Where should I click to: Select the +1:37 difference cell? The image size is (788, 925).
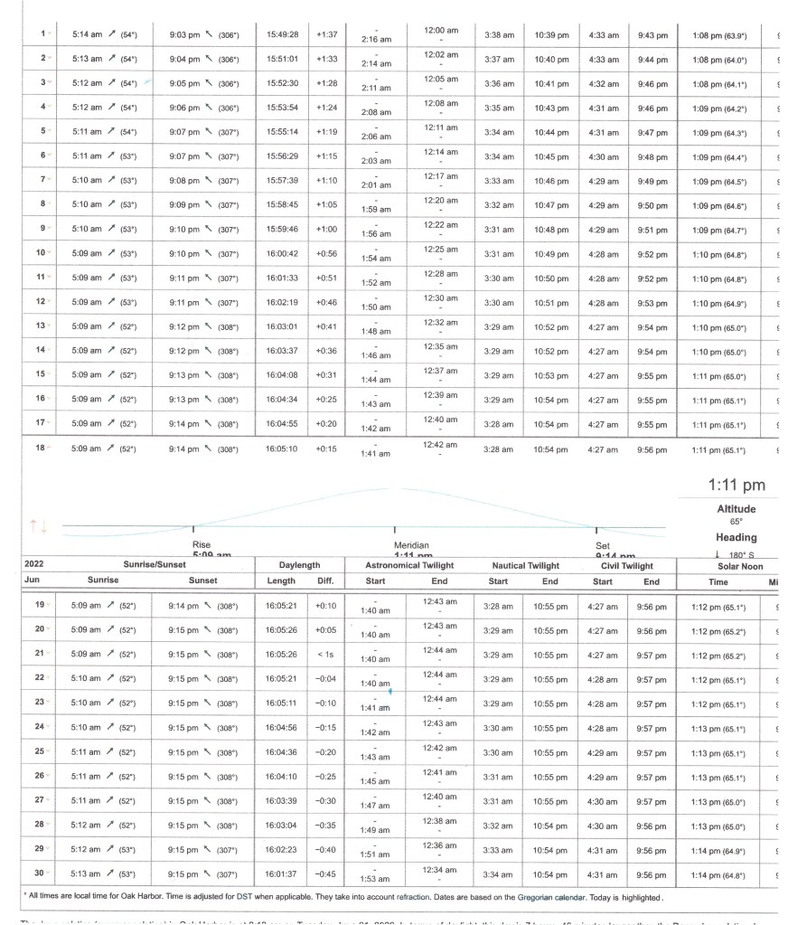[326, 35]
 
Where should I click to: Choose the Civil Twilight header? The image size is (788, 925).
[627, 566]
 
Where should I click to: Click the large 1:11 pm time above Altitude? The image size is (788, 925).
[736, 486]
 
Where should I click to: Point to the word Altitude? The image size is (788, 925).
[736, 509]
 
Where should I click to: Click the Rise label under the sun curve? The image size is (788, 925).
[202, 545]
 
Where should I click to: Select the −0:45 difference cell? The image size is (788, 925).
[326, 874]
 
